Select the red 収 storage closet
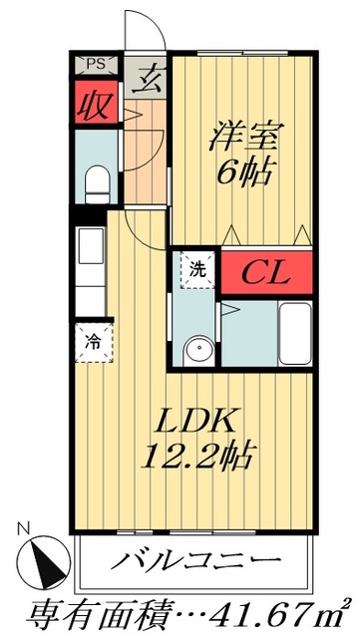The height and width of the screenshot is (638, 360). coord(97,104)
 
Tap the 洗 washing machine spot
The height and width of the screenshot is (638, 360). coord(196,268)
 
